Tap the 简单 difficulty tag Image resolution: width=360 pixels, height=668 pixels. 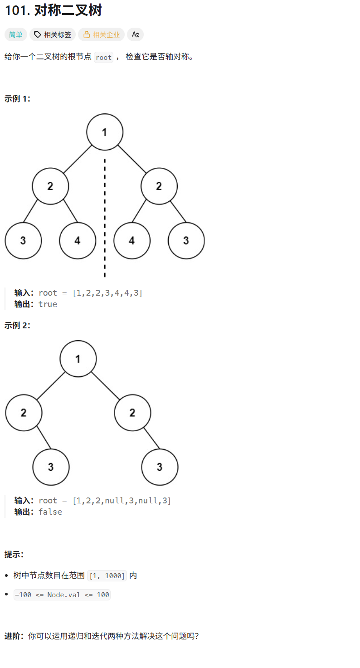point(16,34)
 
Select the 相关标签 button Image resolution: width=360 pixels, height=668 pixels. point(53,34)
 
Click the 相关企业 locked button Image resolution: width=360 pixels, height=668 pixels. point(101,34)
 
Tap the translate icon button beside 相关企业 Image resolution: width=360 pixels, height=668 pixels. point(135,34)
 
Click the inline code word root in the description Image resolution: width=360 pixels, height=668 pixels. point(103,58)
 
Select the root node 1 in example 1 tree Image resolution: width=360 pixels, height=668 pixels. point(105,132)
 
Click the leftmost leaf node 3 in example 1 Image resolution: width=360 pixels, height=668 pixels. point(23,240)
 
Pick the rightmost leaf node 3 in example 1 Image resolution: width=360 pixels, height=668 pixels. point(186,240)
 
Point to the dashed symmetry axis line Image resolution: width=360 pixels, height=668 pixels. point(105,218)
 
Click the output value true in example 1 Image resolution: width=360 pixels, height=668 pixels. point(48,304)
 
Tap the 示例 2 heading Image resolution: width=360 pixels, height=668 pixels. point(18,325)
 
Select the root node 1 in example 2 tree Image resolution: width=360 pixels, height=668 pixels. point(78,359)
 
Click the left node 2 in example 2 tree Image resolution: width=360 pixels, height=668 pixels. point(24,413)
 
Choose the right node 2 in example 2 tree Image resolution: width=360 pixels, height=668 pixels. point(132,413)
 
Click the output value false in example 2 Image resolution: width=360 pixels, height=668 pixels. point(50,512)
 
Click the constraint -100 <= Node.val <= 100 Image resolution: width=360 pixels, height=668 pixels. point(62,595)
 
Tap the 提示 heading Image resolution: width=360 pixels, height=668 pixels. point(14,554)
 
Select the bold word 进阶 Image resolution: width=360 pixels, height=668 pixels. point(13,636)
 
